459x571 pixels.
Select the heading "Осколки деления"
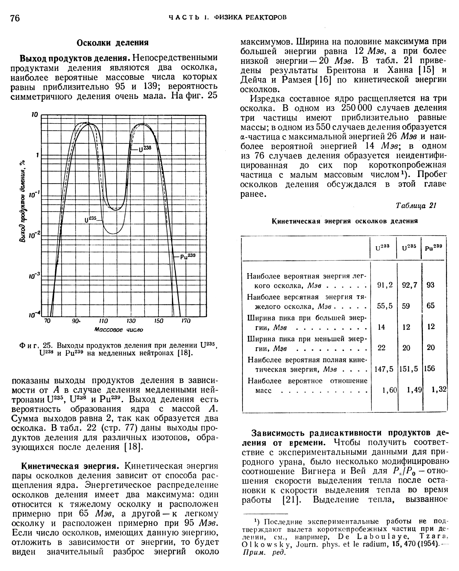pos(113,43)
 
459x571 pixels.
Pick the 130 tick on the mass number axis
pos(131,321)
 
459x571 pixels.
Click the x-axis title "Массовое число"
pos(119,330)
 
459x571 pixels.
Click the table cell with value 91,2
pos(385,285)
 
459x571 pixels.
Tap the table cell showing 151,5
pos(409,369)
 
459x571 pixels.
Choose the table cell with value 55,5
pos(385,306)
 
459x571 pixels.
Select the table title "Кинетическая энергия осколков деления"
pos(345,221)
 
